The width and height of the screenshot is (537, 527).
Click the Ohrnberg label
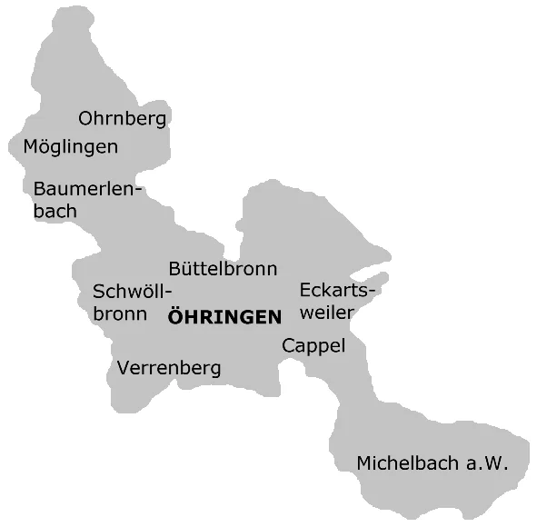pos(123,119)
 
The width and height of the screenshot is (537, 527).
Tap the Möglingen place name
pos(70,146)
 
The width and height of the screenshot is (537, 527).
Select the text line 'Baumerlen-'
pos(88,188)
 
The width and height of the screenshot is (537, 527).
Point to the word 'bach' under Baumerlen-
pos(55,211)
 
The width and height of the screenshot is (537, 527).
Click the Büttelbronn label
pos(223,269)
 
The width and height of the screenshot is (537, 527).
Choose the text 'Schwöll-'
pos(132,292)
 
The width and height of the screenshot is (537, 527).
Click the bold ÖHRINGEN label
pos(224,318)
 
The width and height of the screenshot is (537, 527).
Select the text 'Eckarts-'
pos(336,291)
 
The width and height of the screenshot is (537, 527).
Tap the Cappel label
pos(313,346)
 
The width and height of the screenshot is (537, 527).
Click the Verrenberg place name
pos(169,369)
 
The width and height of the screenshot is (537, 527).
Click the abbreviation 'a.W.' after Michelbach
pos(486,463)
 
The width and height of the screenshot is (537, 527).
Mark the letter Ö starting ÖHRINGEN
pos(176,317)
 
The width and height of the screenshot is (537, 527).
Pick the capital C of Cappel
pos(288,346)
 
